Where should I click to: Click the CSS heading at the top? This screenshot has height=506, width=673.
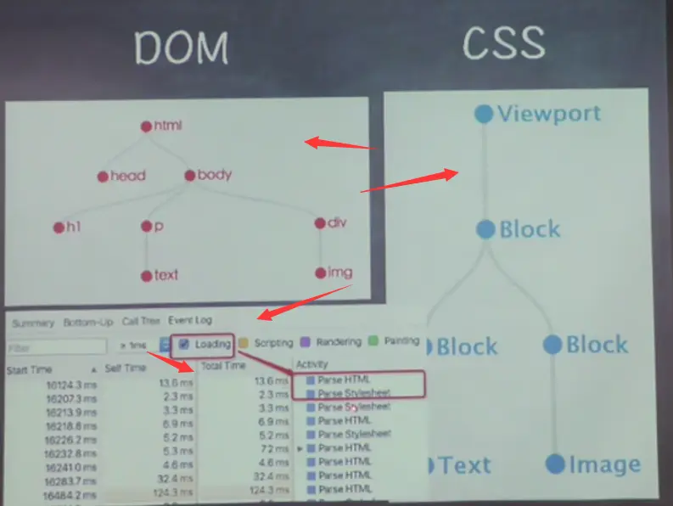tap(504, 42)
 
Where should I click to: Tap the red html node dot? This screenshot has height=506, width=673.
tap(146, 127)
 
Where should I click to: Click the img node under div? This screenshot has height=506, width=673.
tap(334, 273)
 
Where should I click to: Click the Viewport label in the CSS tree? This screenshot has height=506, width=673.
tap(548, 113)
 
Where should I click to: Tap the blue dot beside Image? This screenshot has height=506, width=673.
tap(554, 464)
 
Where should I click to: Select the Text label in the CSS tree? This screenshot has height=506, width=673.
tap(465, 465)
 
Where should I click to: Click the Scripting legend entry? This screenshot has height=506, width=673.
tap(272, 343)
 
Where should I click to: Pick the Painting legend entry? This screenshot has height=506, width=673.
tap(399, 341)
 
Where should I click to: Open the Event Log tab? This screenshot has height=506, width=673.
tap(190, 321)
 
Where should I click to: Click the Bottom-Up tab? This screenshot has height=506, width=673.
tap(87, 323)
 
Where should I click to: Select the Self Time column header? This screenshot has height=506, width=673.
tap(125, 368)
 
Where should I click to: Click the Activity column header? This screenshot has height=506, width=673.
tap(311, 364)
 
